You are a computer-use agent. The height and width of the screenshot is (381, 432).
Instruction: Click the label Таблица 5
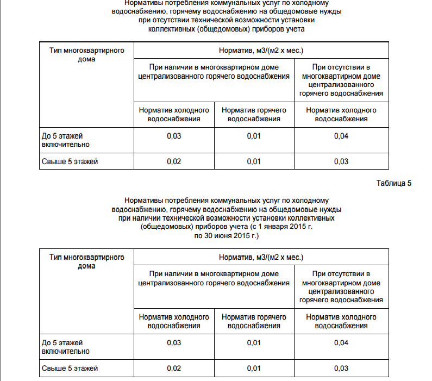point(393,183)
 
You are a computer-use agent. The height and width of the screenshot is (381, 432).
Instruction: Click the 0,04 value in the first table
point(341,136)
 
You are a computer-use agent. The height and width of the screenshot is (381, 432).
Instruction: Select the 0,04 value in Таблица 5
point(341,342)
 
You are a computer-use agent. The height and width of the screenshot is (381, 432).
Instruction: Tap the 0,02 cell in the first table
point(174,161)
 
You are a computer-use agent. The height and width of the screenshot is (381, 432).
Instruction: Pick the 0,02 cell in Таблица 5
point(174,368)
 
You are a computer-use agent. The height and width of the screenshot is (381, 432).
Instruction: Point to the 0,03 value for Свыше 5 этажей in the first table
point(341,161)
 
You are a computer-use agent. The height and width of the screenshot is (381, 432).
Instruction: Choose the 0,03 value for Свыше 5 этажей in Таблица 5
point(341,368)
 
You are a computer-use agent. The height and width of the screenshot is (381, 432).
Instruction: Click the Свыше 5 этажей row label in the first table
point(70,161)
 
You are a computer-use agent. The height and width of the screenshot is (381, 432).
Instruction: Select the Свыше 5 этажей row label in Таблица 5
point(70,368)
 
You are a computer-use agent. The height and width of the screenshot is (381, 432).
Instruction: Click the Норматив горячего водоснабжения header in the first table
point(254,114)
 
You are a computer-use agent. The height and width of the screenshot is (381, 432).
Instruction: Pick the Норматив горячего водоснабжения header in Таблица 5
point(254,321)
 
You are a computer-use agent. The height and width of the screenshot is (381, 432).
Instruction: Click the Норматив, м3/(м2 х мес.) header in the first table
point(260,51)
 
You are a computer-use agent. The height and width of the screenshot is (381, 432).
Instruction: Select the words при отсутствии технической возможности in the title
point(212,20)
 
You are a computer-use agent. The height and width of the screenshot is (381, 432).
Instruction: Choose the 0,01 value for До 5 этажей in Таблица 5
point(254,342)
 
